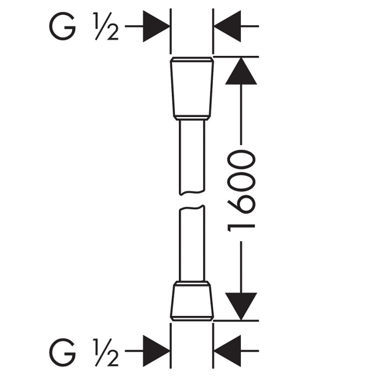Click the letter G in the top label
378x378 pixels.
click(64, 27)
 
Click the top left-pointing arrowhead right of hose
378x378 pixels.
click(227, 27)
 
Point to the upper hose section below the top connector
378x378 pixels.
click(192, 156)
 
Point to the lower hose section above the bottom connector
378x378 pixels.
click(192, 242)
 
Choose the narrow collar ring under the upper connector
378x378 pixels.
click(192, 118)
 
